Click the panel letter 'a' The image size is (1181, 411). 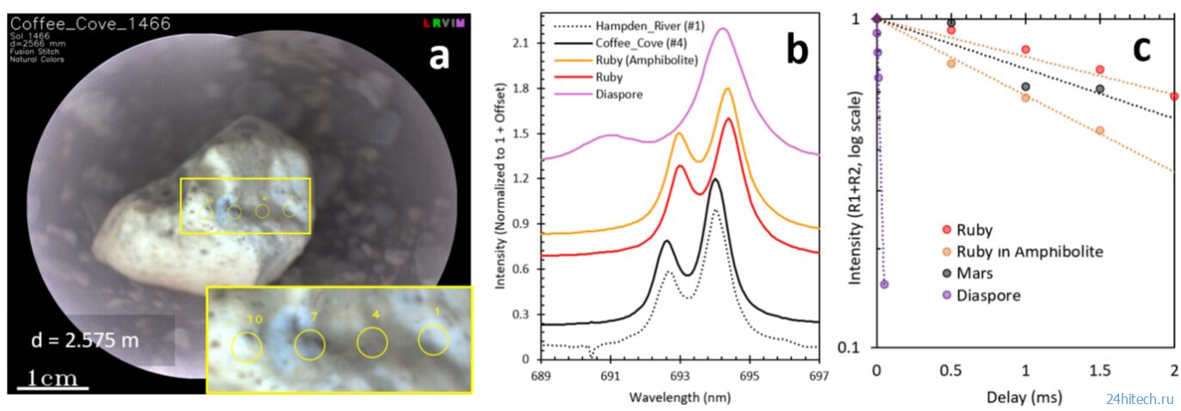click(x=439, y=58)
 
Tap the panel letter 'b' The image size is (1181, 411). click(x=797, y=52)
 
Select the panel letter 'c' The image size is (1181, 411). click(x=1141, y=49)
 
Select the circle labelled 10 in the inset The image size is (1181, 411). click(x=247, y=347)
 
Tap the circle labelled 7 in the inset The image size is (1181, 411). click(x=309, y=346)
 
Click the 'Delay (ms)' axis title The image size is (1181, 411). click(x=1025, y=398)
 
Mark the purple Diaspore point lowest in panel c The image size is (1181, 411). click(x=884, y=284)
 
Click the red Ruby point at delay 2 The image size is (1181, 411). click(x=1174, y=95)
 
